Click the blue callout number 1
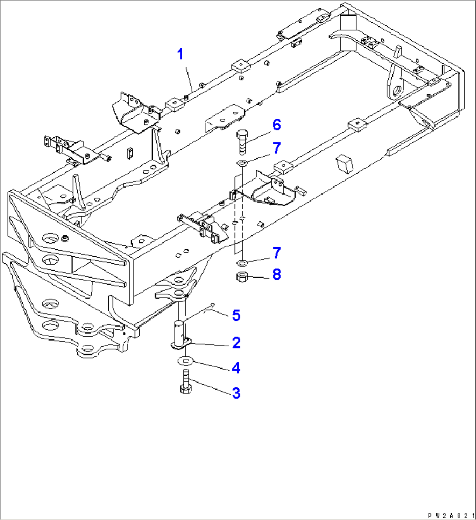pyautogui.click(x=180, y=55)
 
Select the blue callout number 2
pyautogui.click(x=236, y=343)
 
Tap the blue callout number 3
pyautogui.click(x=236, y=393)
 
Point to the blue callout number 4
pyautogui.click(x=236, y=368)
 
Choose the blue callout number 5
pyautogui.click(x=236, y=315)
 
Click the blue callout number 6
pyautogui.click(x=276, y=125)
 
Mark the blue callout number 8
pyautogui.click(x=276, y=275)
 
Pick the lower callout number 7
pyautogui.click(x=276, y=253)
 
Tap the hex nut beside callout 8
pyautogui.click(x=242, y=277)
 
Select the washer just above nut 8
pyautogui.click(x=242, y=263)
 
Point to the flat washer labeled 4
pyautogui.click(x=186, y=361)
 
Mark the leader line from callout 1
pyautogui.click(x=189, y=78)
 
